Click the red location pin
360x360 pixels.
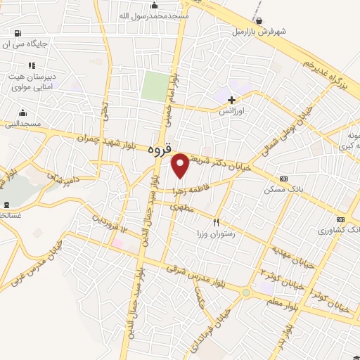[181, 165]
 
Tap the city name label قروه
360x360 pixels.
[160, 150]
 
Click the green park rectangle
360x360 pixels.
[155, 86]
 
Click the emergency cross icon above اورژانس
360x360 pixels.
[231, 100]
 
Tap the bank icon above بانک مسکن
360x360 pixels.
[283, 179]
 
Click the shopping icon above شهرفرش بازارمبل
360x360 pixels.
[259, 21]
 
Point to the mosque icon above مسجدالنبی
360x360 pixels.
[22, 112]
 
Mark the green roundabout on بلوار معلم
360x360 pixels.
[246, 292]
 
